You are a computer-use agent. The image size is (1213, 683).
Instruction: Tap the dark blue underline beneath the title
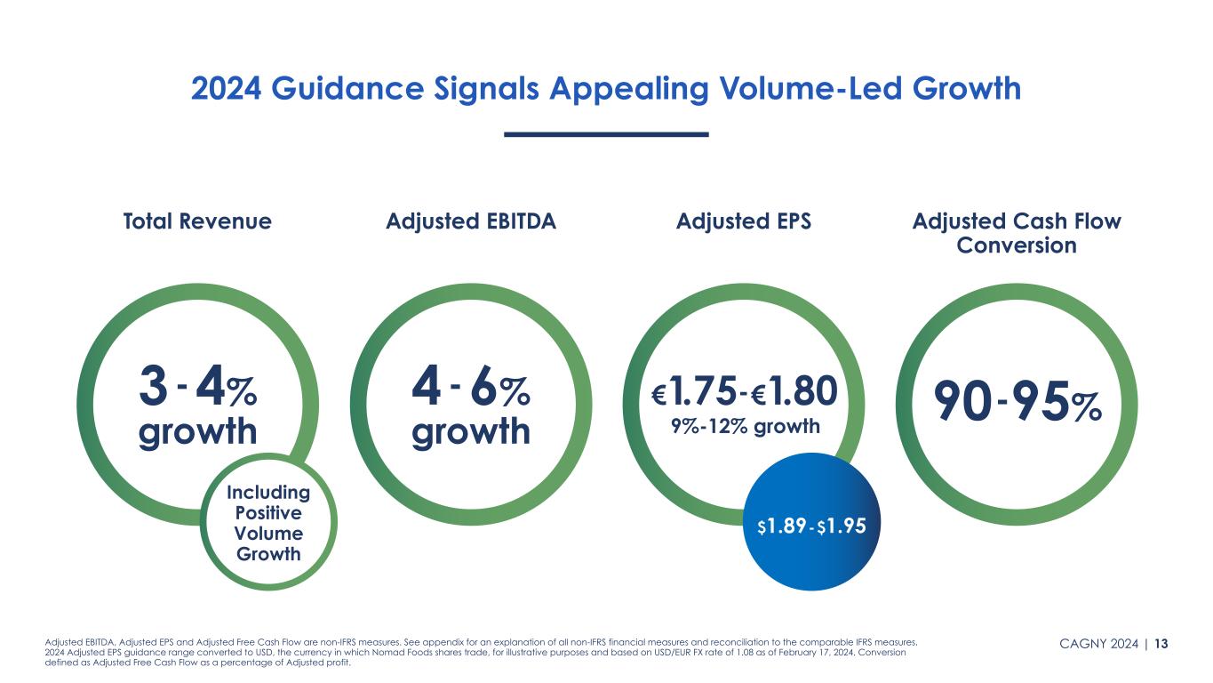[x=606, y=134]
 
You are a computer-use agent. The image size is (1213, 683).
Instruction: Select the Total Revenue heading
[x=197, y=221]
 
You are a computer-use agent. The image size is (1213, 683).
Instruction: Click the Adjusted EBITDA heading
[x=471, y=221]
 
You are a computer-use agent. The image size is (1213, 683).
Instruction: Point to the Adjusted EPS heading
[x=744, y=221]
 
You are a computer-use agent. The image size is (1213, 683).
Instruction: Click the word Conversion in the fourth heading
[x=1017, y=245]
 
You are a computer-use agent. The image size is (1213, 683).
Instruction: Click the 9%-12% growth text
[x=745, y=427]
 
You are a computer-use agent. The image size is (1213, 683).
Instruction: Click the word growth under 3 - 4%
[x=198, y=431]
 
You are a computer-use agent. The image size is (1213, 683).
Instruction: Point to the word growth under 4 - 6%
[x=472, y=431]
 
